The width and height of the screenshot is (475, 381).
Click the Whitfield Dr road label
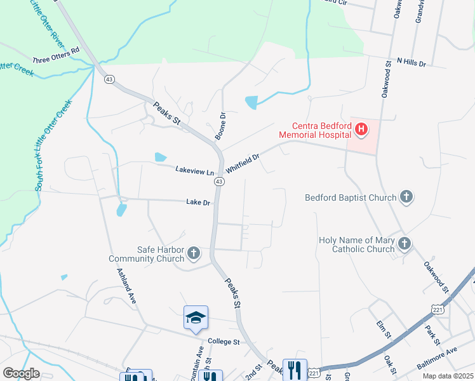(x=243, y=165)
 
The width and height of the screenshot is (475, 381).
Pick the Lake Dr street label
(x=198, y=203)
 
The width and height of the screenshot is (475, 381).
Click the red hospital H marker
(x=361, y=130)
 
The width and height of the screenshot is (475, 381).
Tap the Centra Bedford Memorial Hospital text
(x=316, y=130)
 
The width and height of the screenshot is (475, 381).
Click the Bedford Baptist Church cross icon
(x=406, y=197)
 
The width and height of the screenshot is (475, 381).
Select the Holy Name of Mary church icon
(x=403, y=244)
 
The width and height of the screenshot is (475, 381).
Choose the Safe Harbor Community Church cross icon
(x=194, y=254)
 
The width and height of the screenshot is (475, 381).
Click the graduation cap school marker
(x=196, y=317)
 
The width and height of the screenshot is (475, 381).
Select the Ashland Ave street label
(x=126, y=286)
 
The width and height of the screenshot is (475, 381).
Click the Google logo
(x=21, y=373)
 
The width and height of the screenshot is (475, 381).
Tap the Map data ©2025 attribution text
(x=448, y=376)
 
